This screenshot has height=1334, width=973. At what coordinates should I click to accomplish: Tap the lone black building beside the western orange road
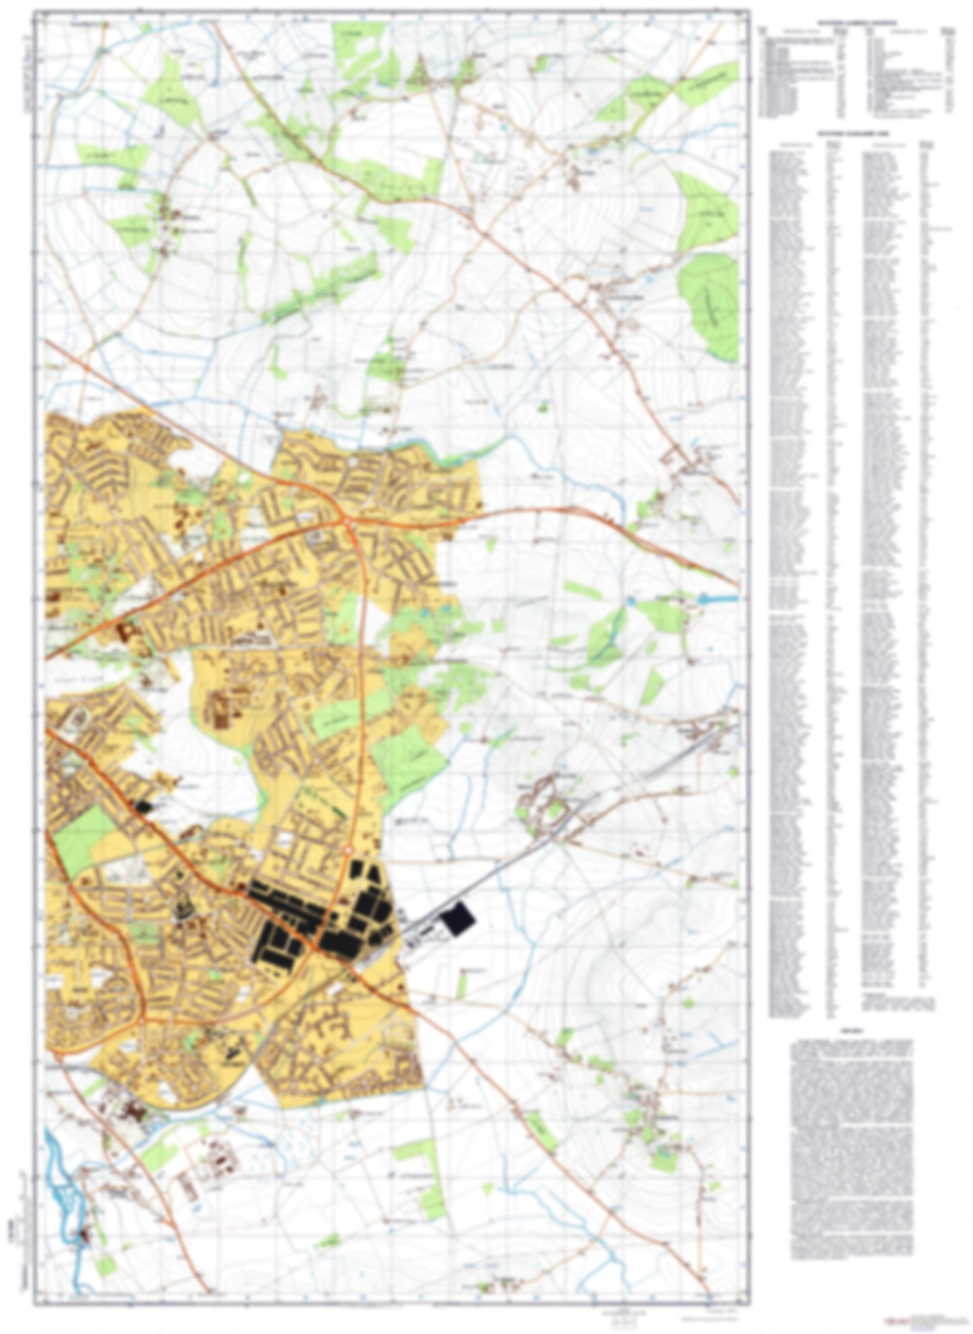pyautogui.click(x=142, y=807)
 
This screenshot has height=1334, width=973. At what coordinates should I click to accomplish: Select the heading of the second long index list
pyautogui.click(x=857, y=134)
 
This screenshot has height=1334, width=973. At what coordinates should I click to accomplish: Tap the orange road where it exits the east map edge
pyautogui.click(x=736, y=585)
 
